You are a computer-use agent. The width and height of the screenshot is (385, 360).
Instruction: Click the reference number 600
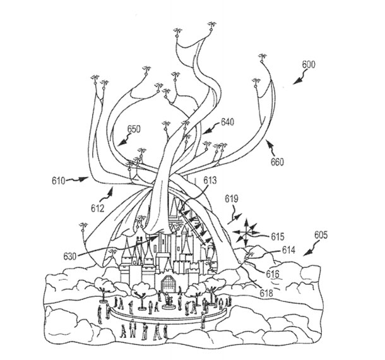309,64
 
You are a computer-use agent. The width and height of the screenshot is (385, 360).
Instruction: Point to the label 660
278,162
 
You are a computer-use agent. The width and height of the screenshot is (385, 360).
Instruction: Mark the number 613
210,180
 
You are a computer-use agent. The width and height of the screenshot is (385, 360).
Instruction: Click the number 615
278,237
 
